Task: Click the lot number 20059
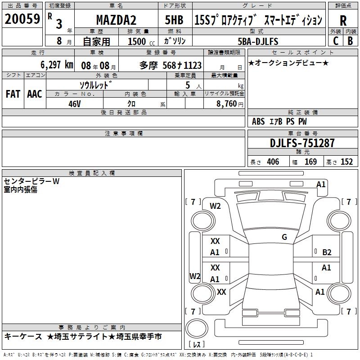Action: tap(22, 19)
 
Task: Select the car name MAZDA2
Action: tap(116, 20)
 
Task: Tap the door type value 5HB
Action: tap(174, 20)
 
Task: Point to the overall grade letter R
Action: tap(343, 21)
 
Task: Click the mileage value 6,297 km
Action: tap(57, 65)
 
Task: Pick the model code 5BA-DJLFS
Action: tap(258, 41)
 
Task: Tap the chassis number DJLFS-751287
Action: tap(302, 143)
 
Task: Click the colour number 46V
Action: tap(75, 104)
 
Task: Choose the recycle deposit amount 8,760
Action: tap(227, 103)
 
